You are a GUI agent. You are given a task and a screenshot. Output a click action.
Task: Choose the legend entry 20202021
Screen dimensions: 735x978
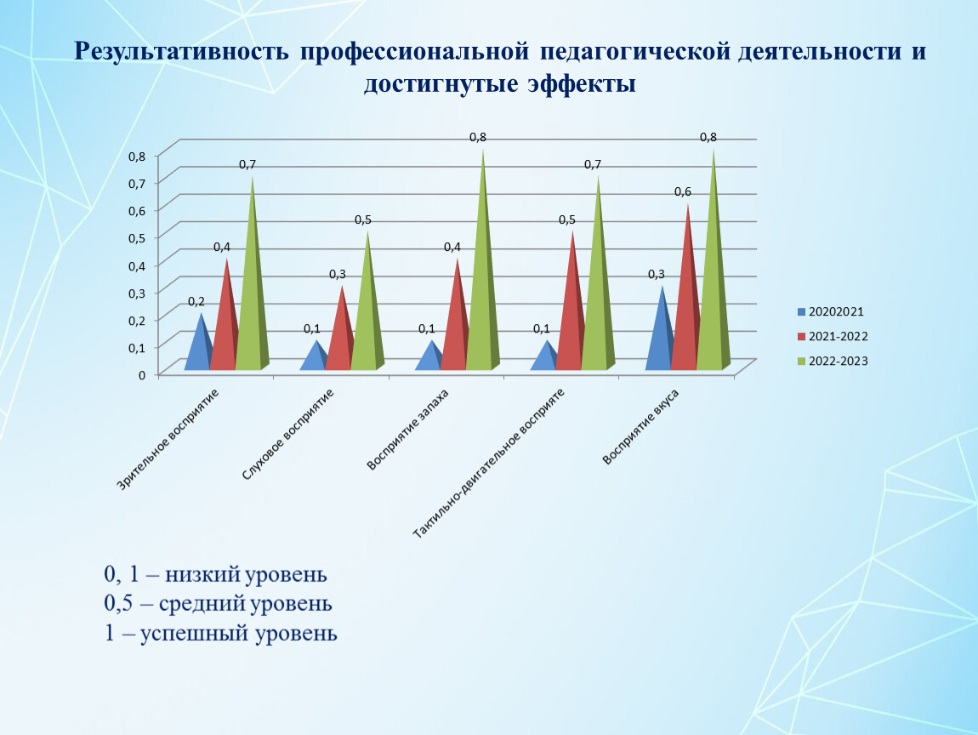click(x=836, y=312)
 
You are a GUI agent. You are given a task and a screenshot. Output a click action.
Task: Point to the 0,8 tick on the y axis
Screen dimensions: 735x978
click(x=138, y=156)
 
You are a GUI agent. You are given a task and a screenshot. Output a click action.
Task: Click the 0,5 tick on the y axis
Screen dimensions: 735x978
click(x=138, y=237)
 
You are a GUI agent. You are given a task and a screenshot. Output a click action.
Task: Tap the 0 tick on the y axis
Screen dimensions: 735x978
click(x=142, y=374)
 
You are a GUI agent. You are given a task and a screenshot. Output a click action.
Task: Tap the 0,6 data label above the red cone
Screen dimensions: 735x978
click(x=683, y=192)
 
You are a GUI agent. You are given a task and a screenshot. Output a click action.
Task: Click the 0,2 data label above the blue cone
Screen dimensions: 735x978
click(x=196, y=301)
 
